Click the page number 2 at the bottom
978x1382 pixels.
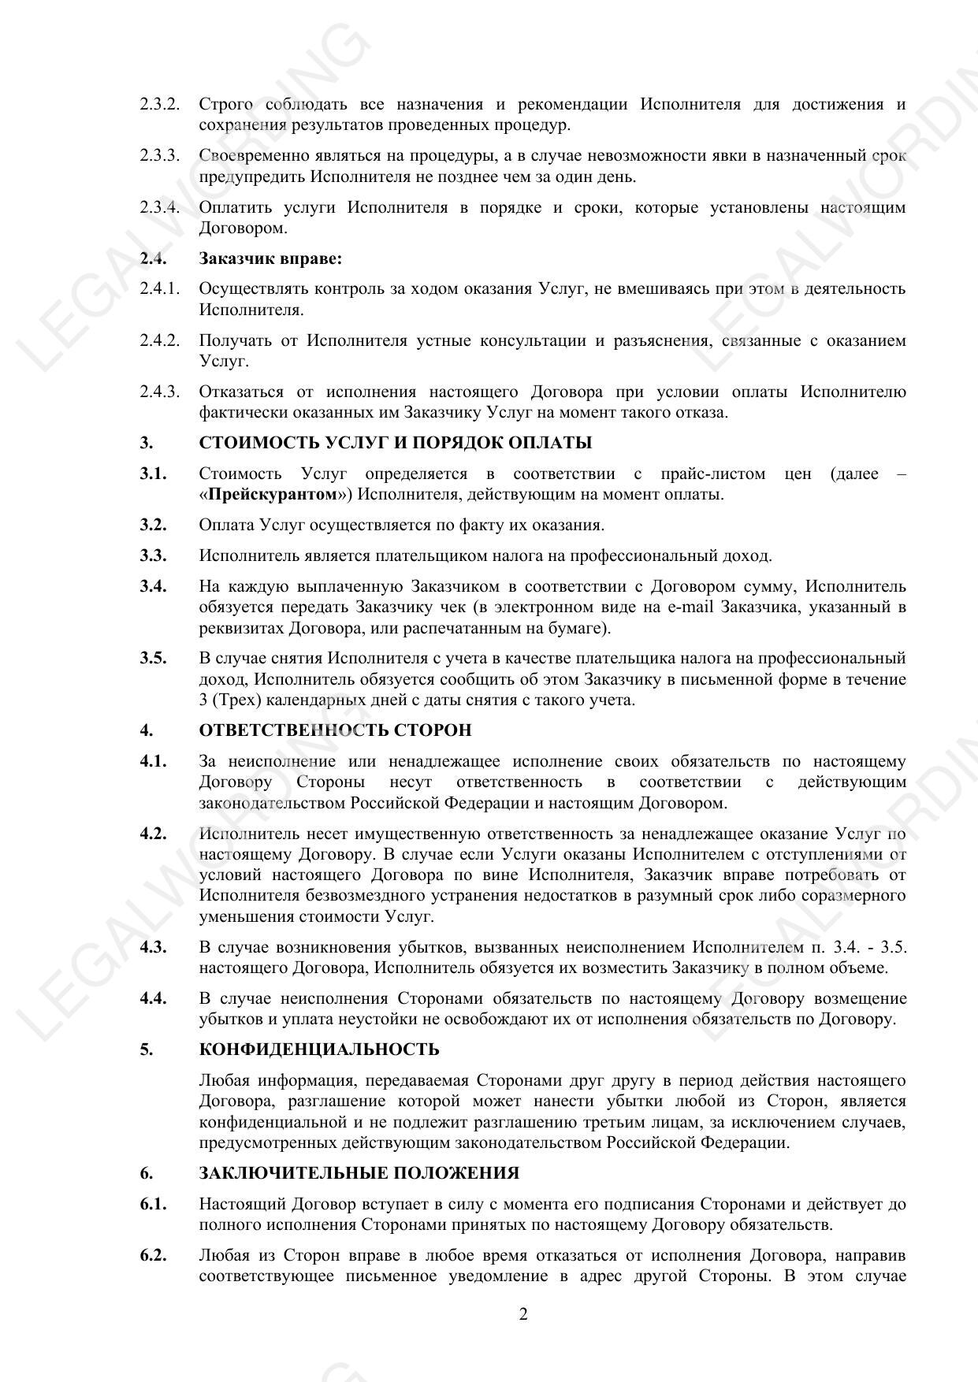(523, 1313)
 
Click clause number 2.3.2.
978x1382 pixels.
(159, 104)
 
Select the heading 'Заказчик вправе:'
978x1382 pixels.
(270, 258)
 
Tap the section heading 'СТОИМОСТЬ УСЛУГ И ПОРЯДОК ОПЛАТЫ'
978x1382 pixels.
(396, 443)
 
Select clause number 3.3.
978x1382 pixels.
(153, 555)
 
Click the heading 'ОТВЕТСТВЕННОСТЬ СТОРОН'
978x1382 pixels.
(336, 730)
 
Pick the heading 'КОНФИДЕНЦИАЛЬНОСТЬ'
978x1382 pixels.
(319, 1050)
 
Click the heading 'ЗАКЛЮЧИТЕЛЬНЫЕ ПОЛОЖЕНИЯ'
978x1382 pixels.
(359, 1173)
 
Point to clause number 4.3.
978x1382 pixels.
(153, 947)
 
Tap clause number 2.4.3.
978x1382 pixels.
(159, 392)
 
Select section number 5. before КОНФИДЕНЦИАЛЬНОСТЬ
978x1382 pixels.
(147, 1050)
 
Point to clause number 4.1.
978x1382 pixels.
(153, 761)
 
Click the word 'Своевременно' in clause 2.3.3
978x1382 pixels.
(249, 156)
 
